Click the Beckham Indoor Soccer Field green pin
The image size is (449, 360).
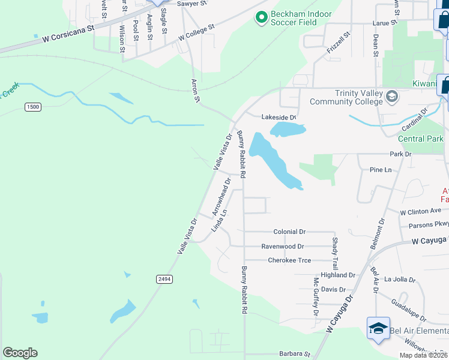[x=261, y=18]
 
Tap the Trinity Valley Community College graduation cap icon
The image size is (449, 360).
[x=391, y=96]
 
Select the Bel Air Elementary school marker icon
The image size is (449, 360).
[x=379, y=329]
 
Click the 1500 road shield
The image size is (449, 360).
[x=33, y=107]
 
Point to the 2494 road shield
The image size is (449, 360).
[x=163, y=279]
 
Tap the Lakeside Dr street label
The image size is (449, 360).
[x=279, y=118]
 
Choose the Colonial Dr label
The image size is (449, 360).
[x=289, y=232]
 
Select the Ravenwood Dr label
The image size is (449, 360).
[x=282, y=246]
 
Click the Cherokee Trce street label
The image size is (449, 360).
[x=289, y=260]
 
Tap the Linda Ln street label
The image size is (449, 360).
[x=220, y=220]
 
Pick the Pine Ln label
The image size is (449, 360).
[x=381, y=170]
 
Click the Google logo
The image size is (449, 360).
[x=20, y=353]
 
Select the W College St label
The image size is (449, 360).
[x=196, y=34]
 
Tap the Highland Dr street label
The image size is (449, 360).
[x=339, y=275]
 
